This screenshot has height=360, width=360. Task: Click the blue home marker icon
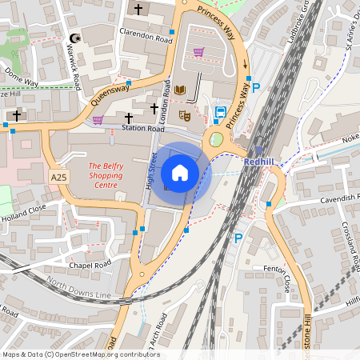pos(180,173)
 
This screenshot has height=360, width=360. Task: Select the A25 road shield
pos(58,176)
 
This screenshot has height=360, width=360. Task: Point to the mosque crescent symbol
pos(77,38)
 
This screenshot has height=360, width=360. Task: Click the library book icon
pos(180,90)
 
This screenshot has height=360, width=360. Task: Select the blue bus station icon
pos(219,112)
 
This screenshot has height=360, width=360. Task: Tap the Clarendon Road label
pos(141,36)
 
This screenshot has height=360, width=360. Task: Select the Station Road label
pos(143,128)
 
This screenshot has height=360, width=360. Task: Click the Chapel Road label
pos(90,265)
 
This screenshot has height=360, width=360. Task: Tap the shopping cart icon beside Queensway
pos(98,121)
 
